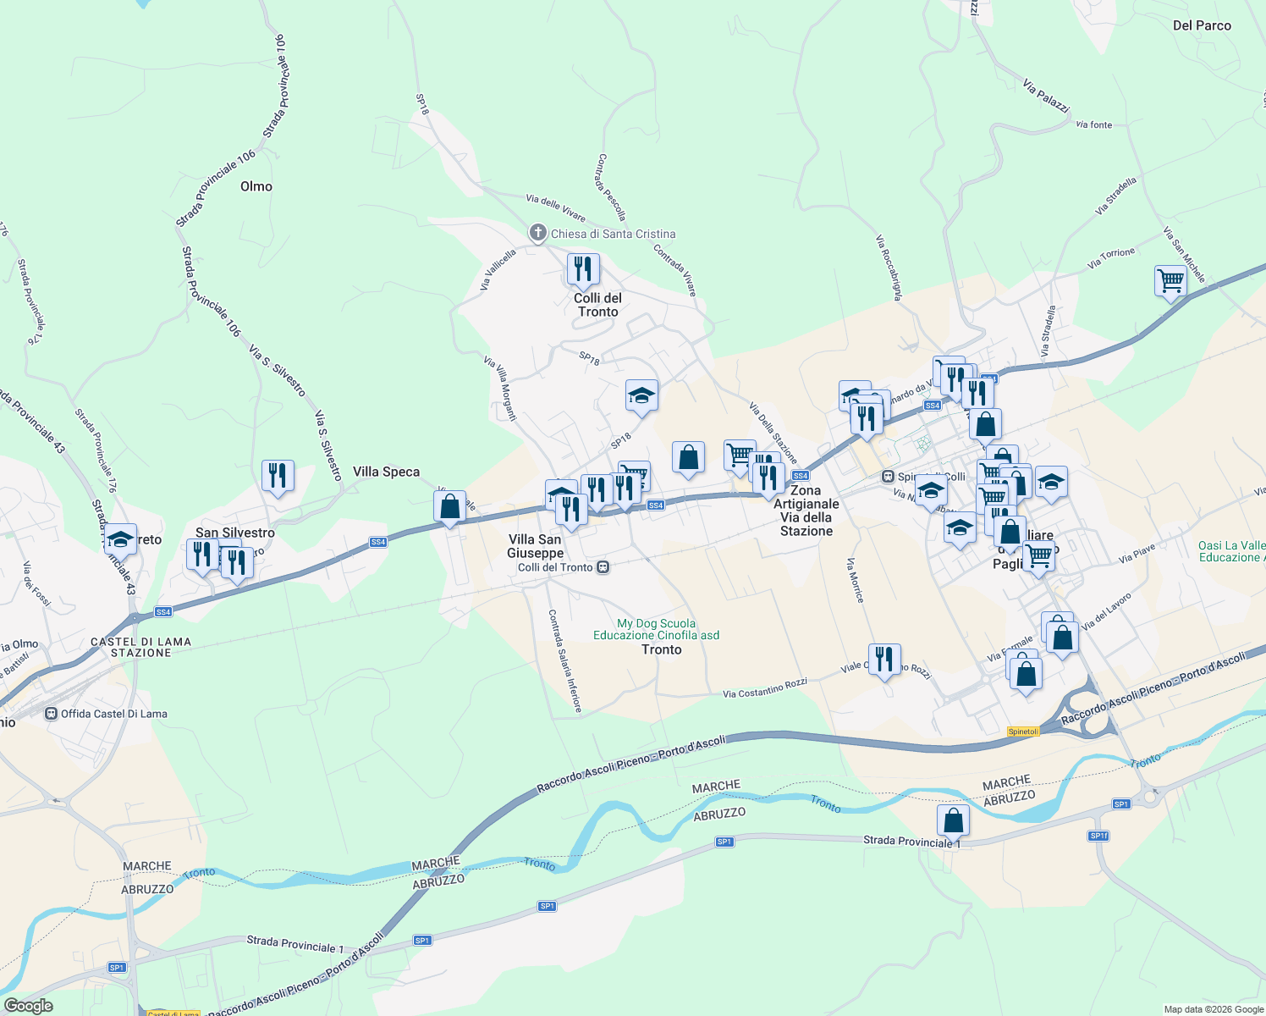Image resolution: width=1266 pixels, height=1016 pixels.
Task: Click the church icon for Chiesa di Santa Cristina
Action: (x=537, y=233)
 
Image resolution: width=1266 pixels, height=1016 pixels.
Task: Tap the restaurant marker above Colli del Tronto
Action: (x=583, y=269)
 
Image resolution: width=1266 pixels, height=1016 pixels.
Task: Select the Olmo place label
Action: (x=256, y=186)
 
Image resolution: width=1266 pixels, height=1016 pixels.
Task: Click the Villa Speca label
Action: (x=386, y=472)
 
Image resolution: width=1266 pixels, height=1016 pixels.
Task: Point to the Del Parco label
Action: (x=1202, y=25)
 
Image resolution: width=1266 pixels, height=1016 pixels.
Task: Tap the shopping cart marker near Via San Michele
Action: (x=1170, y=280)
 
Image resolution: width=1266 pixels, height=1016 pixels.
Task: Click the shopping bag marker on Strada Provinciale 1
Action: (x=953, y=820)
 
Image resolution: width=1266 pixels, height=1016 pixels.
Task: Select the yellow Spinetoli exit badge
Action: (x=1023, y=732)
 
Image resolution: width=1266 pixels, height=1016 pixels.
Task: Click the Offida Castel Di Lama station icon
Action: (x=52, y=714)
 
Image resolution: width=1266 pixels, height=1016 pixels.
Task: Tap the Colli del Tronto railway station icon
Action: (x=603, y=567)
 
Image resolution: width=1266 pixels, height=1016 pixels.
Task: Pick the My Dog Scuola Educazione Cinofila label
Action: (x=657, y=629)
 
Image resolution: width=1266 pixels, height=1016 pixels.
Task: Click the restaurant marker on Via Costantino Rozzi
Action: (x=884, y=659)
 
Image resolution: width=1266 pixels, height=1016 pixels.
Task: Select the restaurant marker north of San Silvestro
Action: (x=278, y=476)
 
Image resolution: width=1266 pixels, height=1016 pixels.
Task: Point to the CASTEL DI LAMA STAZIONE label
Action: (x=140, y=647)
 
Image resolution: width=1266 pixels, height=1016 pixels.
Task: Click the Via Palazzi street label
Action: (x=1046, y=96)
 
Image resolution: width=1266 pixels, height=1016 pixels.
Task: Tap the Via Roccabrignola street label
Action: (x=888, y=268)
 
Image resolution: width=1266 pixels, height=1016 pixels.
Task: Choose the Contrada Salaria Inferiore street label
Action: (x=564, y=660)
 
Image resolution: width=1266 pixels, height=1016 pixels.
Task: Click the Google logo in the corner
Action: (x=28, y=1006)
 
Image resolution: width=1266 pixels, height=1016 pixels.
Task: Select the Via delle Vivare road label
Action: (x=555, y=207)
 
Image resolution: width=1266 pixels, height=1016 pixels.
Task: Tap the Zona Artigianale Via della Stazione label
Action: (x=806, y=511)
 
